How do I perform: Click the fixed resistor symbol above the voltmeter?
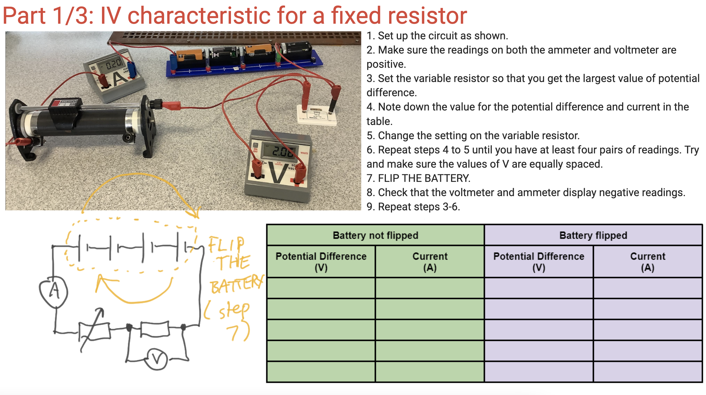click(155, 329)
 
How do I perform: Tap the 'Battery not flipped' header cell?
click(375, 235)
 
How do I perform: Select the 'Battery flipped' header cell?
click(593, 235)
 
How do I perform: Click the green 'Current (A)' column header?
click(430, 262)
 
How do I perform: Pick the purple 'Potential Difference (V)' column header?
click(539, 262)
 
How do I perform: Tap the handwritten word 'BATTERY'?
click(237, 284)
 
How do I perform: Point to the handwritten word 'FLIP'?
click(226, 244)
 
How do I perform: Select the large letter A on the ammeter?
click(120, 78)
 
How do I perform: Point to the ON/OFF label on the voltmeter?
click(255, 150)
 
